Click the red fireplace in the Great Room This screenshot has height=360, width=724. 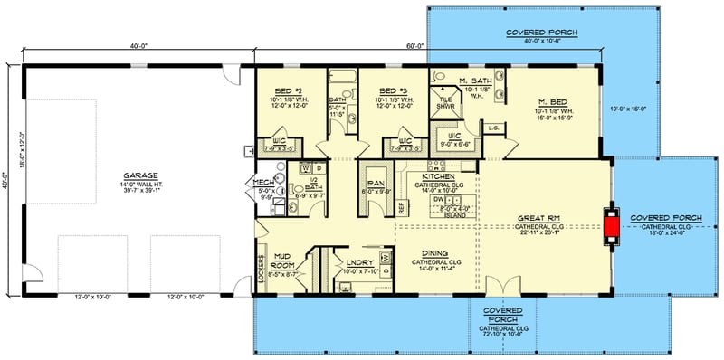[612, 226]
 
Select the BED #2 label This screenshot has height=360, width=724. [290, 91]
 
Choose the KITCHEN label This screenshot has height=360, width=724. [437, 176]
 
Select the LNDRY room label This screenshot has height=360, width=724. [355, 263]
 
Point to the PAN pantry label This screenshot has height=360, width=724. [374, 182]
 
